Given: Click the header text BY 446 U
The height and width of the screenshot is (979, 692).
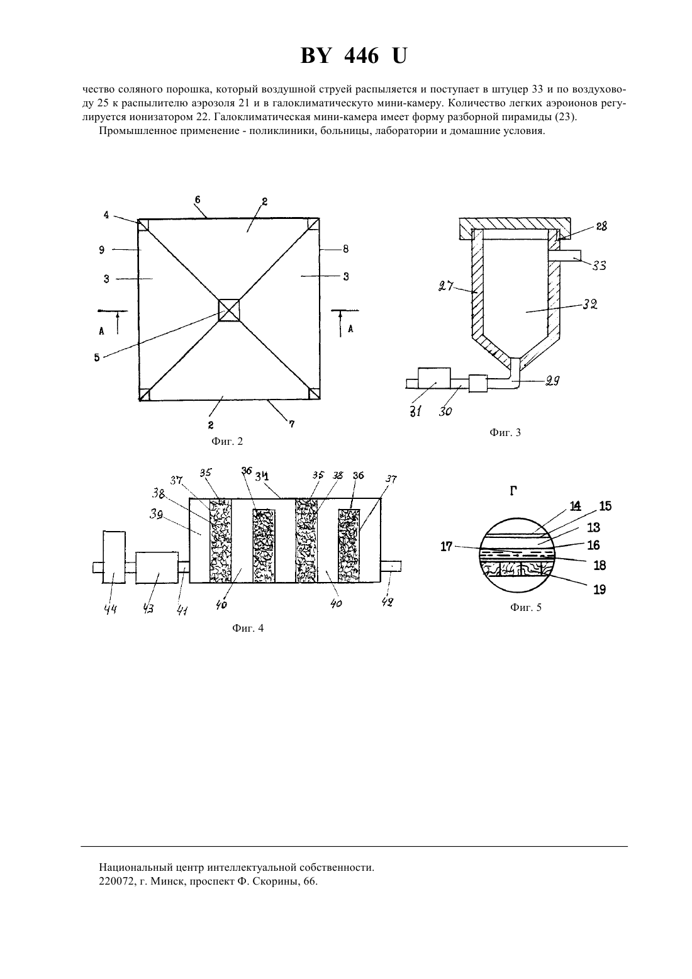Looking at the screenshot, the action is pyautogui.click(x=354, y=56).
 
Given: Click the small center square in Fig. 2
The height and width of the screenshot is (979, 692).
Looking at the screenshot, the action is pyautogui.click(x=229, y=310).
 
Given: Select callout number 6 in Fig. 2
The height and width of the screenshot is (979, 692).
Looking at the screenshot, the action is pyautogui.click(x=198, y=199).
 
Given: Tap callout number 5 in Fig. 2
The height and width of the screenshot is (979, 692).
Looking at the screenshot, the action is pyautogui.click(x=96, y=357).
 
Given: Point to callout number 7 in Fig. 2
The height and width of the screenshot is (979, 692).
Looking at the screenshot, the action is pyautogui.click(x=291, y=423).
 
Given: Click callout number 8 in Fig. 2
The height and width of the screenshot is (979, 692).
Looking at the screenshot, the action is pyautogui.click(x=345, y=249).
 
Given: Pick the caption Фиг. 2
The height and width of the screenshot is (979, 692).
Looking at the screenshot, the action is pyautogui.click(x=226, y=442).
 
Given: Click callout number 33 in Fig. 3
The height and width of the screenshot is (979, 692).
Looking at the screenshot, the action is pyautogui.click(x=599, y=266).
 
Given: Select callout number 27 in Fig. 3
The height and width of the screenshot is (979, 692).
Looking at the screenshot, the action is pyautogui.click(x=445, y=287).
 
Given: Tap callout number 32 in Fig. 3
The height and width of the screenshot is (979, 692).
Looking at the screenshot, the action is pyautogui.click(x=590, y=304).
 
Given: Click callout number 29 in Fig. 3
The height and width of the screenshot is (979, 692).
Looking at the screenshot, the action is pyautogui.click(x=552, y=381).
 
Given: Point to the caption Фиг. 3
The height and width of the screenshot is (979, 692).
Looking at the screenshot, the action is pyautogui.click(x=505, y=433).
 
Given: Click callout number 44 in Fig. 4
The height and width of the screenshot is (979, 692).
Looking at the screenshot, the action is pyautogui.click(x=110, y=609).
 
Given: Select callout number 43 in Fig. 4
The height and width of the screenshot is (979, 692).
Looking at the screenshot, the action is pyautogui.click(x=148, y=609).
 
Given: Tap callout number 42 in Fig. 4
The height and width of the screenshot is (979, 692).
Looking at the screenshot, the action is pyautogui.click(x=388, y=602).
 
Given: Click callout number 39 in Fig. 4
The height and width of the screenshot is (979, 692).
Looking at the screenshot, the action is pyautogui.click(x=157, y=515).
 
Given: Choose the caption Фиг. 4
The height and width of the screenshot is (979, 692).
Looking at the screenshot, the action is pyautogui.click(x=248, y=629).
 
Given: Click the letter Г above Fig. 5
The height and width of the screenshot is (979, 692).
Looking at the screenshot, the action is pyautogui.click(x=514, y=491).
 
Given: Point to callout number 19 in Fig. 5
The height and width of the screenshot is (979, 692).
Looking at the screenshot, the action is pyautogui.click(x=600, y=590).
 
